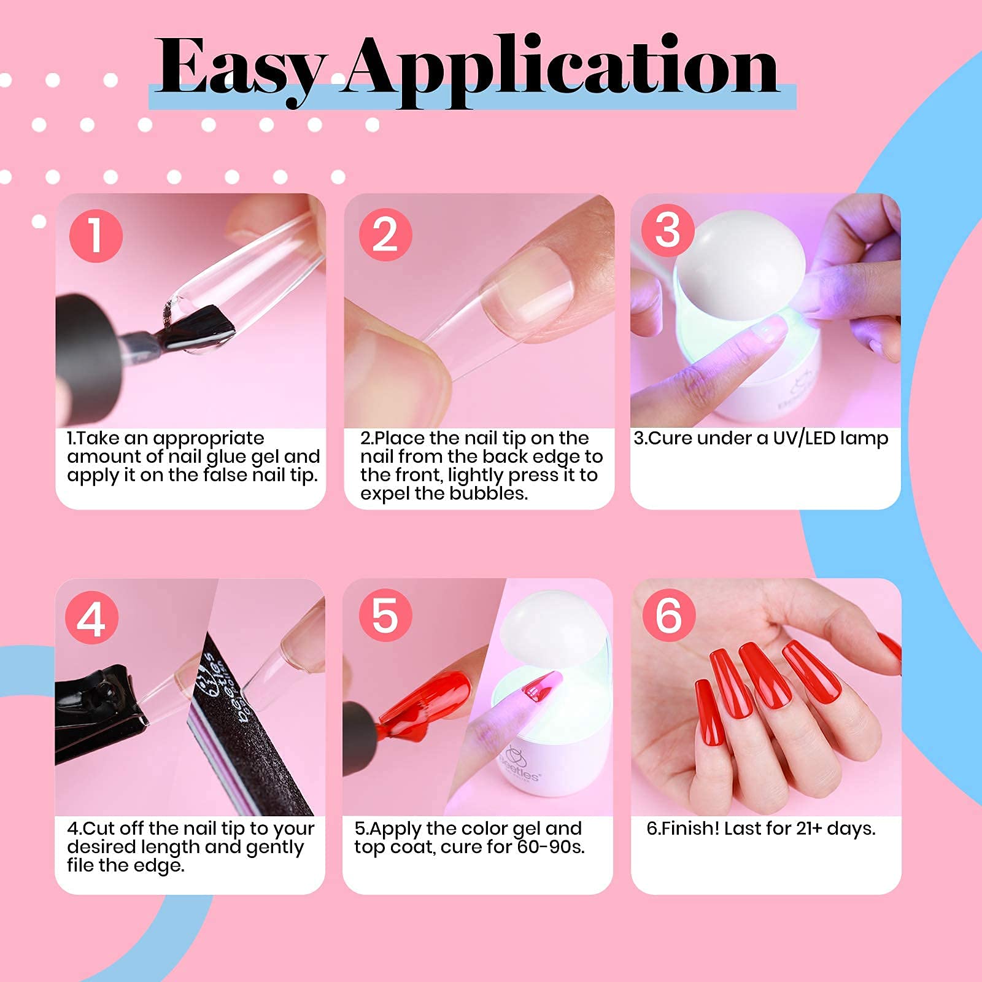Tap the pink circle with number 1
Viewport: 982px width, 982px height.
[96, 236]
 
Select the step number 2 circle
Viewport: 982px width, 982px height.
[385, 234]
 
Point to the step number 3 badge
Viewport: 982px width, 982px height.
[668, 231]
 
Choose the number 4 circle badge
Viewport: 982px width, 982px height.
[91, 617]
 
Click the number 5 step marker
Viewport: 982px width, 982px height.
[385, 616]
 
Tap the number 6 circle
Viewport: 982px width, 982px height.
[668, 615]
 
